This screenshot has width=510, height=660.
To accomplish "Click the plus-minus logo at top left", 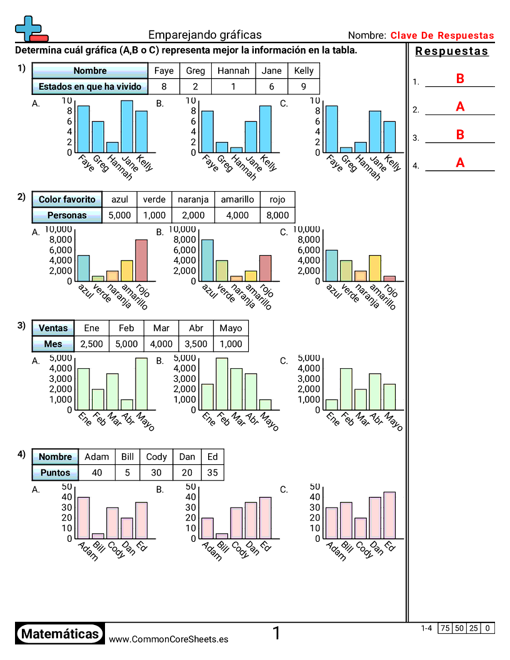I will (x=30, y=29).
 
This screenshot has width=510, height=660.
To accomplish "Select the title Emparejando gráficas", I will (x=205, y=35).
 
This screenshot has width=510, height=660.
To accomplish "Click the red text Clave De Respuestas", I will (x=442, y=36).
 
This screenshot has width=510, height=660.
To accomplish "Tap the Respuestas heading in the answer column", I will (x=451, y=51).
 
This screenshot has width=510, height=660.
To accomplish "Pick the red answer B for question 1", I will (x=460, y=79).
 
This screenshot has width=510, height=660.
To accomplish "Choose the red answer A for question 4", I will (x=460, y=163).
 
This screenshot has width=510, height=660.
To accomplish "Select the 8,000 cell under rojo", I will (x=277, y=215).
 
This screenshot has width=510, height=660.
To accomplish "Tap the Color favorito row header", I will (x=67, y=199).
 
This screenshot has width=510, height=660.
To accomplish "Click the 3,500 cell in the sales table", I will (x=196, y=344).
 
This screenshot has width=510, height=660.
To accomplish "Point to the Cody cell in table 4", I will (x=156, y=456).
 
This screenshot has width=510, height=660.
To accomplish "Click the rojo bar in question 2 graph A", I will (x=142, y=260).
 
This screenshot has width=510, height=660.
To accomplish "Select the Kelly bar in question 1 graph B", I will (x=266, y=129).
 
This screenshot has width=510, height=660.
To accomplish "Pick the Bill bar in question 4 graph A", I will (x=97, y=536).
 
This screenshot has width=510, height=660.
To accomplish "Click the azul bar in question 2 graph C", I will (x=331, y=265).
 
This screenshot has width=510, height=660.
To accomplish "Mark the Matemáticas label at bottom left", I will (x=60, y=634).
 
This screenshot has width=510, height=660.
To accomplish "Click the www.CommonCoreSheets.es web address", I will (x=168, y=639).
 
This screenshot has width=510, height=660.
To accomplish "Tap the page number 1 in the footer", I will (x=276, y=634).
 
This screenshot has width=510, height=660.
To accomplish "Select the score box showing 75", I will (x=445, y=628).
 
